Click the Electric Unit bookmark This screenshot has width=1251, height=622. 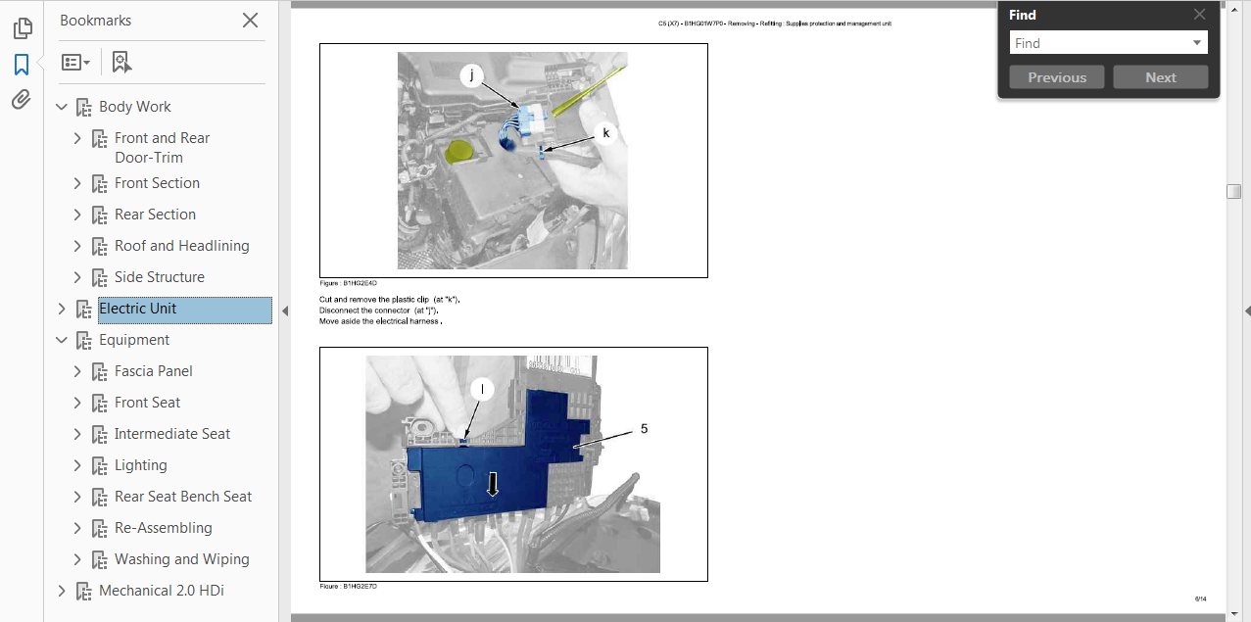(137, 309)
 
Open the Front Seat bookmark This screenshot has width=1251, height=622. (148, 403)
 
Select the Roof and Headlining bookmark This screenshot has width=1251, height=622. (182, 246)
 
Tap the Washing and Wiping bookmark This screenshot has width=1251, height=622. (182, 559)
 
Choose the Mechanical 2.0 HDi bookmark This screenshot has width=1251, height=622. (162, 591)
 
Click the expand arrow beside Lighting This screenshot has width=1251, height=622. (77, 465)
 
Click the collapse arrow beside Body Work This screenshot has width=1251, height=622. (62, 107)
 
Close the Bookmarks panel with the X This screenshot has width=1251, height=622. (250, 21)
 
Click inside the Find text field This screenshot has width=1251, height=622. (1100, 43)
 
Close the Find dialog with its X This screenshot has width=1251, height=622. (1200, 15)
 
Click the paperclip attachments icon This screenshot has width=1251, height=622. (22, 100)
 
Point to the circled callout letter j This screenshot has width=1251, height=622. (472, 74)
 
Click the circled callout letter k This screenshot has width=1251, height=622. (606, 133)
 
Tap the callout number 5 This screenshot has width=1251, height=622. (644, 429)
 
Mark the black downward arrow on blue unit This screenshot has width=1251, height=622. (493, 484)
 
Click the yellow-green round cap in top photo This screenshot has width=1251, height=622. (459, 152)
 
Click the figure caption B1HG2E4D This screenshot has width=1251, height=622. (349, 283)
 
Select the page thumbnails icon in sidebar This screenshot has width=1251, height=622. (23, 28)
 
